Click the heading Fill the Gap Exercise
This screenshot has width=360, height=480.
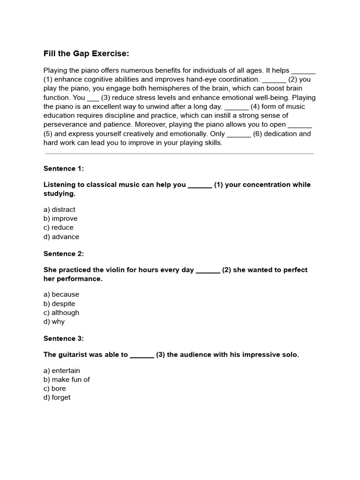pyautogui.click(x=86, y=53)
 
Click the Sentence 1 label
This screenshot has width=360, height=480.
pyautogui.click(x=63, y=168)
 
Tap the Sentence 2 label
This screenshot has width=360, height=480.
pyautogui.click(x=63, y=254)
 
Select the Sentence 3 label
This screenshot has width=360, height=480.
pyautogui.click(x=63, y=338)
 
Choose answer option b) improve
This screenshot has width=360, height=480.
pyautogui.click(x=60, y=218)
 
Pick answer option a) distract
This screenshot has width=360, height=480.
pyautogui.click(x=59, y=210)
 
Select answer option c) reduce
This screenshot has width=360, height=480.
pyautogui.click(x=59, y=227)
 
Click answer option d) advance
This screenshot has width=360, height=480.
pyautogui.click(x=61, y=237)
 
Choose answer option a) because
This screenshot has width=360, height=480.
pyautogui.click(x=61, y=294)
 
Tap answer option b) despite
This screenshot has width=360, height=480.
pyautogui.click(x=60, y=304)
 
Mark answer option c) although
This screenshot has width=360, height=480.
pyautogui.click(x=61, y=313)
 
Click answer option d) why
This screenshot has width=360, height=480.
pyautogui.click(x=54, y=322)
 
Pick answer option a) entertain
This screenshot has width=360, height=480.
pyautogui.click(x=62, y=370)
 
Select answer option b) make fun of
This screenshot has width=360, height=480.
pyautogui.click(x=67, y=379)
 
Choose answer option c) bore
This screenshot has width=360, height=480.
pyautogui.click(x=55, y=388)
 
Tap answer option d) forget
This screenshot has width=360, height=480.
pyautogui.click(x=57, y=397)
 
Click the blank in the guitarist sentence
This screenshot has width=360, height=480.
pyautogui.click(x=142, y=355)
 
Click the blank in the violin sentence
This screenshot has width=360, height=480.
pyautogui.click(x=208, y=270)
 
